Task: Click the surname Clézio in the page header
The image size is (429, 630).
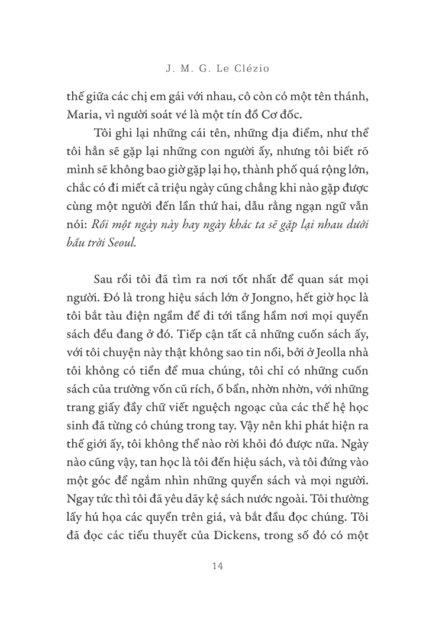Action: (236, 69)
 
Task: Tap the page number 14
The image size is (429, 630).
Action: (217, 566)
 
